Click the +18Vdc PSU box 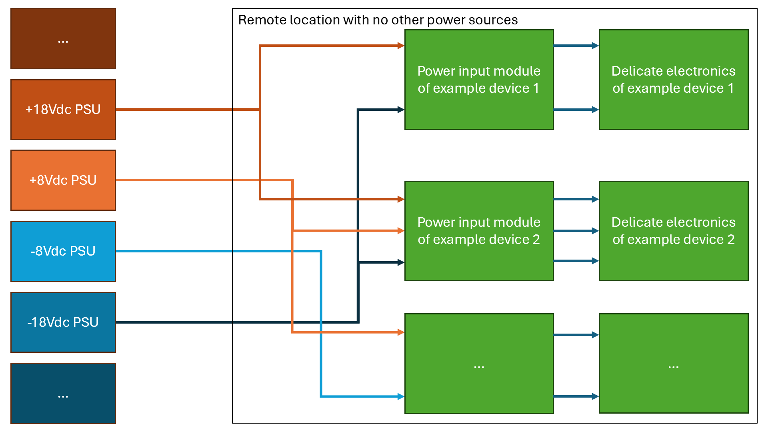pyautogui.click(x=63, y=109)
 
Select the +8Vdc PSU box pyautogui.click(x=63, y=180)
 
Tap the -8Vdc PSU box pyautogui.click(x=63, y=251)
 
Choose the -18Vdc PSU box pyautogui.click(x=63, y=322)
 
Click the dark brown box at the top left pyautogui.click(x=63, y=39)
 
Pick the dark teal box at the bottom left pyautogui.click(x=63, y=393)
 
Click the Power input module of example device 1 pyautogui.click(x=479, y=80)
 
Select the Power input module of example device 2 pyautogui.click(x=479, y=231)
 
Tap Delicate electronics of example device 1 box pyautogui.click(x=674, y=80)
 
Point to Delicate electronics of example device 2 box pyautogui.click(x=674, y=231)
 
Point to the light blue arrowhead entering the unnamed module pyautogui.click(x=401, y=396)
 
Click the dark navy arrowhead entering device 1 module pyautogui.click(x=401, y=110)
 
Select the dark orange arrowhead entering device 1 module pyautogui.click(x=401, y=46)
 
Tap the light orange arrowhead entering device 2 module pyautogui.click(x=401, y=231)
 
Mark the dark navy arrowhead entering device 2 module pyautogui.click(x=401, y=262)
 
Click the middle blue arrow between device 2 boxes pyautogui.click(x=576, y=231)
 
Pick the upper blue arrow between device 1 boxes pyautogui.click(x=576, y=46)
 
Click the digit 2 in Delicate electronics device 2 pyautogui.click(x=731, y=240)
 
